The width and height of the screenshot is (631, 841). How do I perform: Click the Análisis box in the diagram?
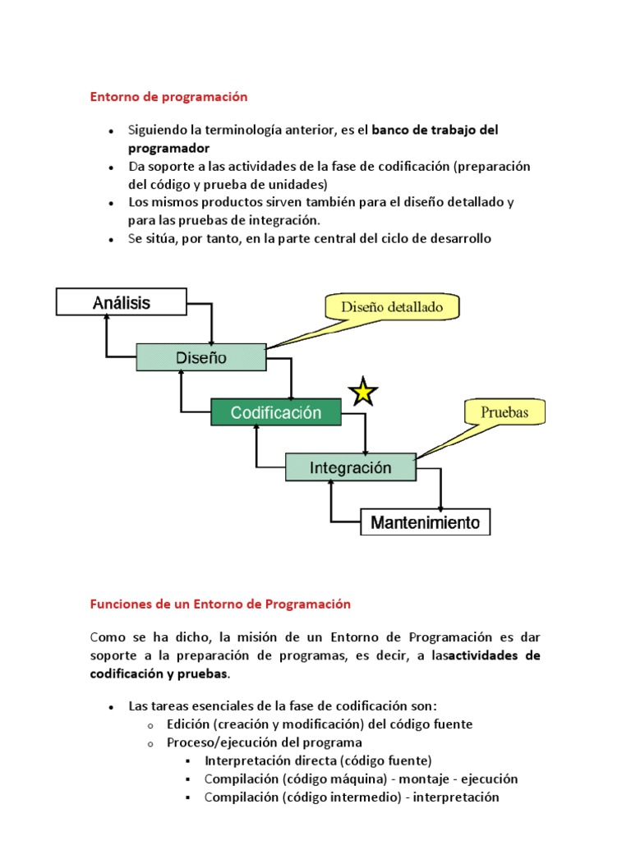[122, 302]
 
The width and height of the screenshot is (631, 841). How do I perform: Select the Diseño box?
[201, 357]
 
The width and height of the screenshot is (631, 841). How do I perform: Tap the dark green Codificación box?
[276, 412]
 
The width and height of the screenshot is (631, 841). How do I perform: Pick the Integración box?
[351, 467]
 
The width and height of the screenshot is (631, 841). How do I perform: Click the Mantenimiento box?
[426, 522]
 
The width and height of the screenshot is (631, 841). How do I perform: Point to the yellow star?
[362, 393]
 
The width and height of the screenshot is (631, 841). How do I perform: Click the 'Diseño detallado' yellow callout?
[391, 308]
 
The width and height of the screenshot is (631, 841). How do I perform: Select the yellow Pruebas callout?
[504, 412]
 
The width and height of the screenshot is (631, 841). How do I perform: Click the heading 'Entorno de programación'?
[168, 97]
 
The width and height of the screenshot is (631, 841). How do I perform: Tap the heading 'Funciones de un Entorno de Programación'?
[220, 604]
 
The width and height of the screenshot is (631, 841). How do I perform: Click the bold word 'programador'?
[169, 149]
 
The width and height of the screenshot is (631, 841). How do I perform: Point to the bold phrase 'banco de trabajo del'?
[435, 131]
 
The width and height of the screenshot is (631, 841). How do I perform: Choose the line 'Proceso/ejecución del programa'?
[252, 742]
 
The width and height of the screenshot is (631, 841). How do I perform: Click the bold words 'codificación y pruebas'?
[159, 674]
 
